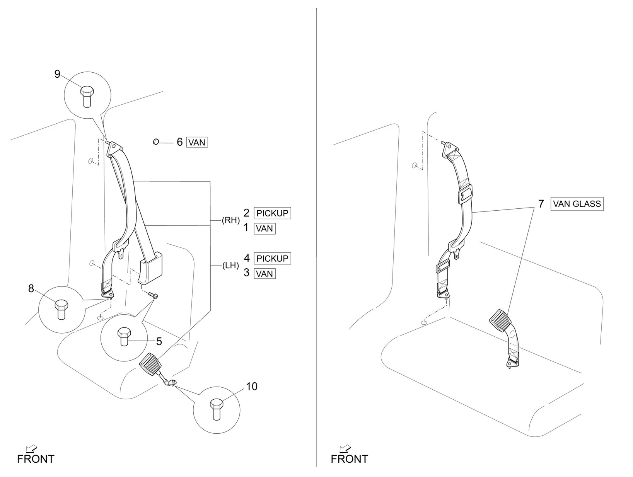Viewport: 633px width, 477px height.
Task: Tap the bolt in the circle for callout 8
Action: pos(60,309)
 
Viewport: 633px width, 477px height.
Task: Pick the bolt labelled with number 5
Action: pos(124,336)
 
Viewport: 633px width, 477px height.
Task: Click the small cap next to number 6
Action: pos(156,142)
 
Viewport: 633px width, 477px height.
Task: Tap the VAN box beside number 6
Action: pos(197,142)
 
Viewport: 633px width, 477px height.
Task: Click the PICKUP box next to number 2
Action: pos(272,213)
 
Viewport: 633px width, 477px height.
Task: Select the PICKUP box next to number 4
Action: pos(272,258)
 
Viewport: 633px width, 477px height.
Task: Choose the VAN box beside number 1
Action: pos(264,228)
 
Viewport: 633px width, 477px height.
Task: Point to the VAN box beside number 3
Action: pos(264,274)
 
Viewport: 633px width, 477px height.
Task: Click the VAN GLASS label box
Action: pos(577,204)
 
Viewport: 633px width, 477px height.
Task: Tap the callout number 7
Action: pos(541,204)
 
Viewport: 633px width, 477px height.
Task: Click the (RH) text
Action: pos(230,220)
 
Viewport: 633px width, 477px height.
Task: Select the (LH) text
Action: pos(230,266)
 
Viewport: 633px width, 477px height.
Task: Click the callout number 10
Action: pos(251,386)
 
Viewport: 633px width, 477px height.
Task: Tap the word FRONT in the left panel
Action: pos(36,459)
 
